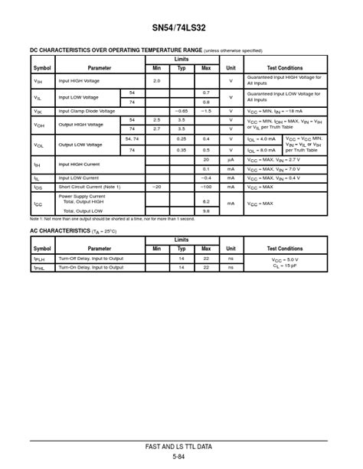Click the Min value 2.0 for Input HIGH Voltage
pyautogui.click(x=157, y=80)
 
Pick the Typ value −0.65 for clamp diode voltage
pyautogui.click(x=181, y=111)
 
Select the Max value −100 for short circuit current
pyautogui.click(x=206, y=187)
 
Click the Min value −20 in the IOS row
pyautogui.click(x=157, y=187)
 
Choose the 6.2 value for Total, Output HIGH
pyautogui.click(x=206, y=201)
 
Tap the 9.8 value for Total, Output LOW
pyautogui.click(x=206, y=210)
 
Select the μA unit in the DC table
pyautogui.click(x=231, y=159)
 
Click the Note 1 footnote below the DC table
pyautogui.click(x=112, y=219)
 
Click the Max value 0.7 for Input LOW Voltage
pyautogui.click(x=206, y=93)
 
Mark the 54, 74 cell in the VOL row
pyautogui.click(x=132, y=138)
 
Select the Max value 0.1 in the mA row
pyautogui.click(x=206, y=168)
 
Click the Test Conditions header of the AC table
pyautogui.click(x=284, y=249)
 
